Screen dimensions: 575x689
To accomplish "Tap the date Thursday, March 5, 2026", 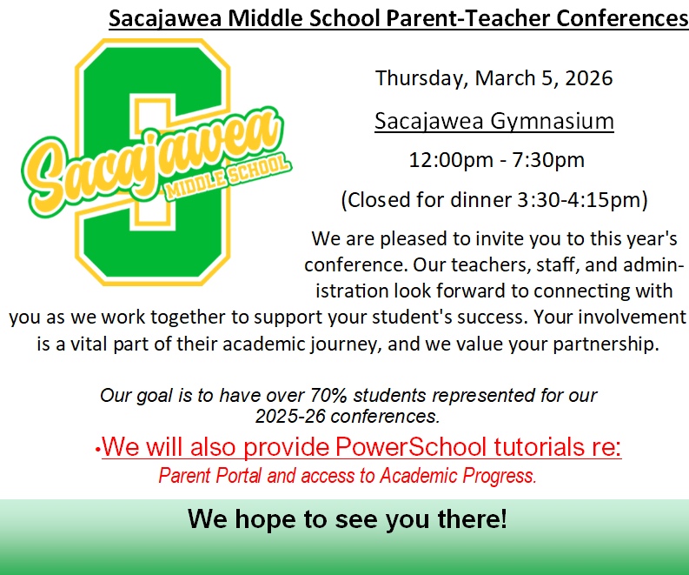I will click(x=494, y=78).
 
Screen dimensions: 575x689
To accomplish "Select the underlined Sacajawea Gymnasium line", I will click(x=494, y=120).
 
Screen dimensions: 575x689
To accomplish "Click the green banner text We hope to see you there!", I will click(x=347, y=520).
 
